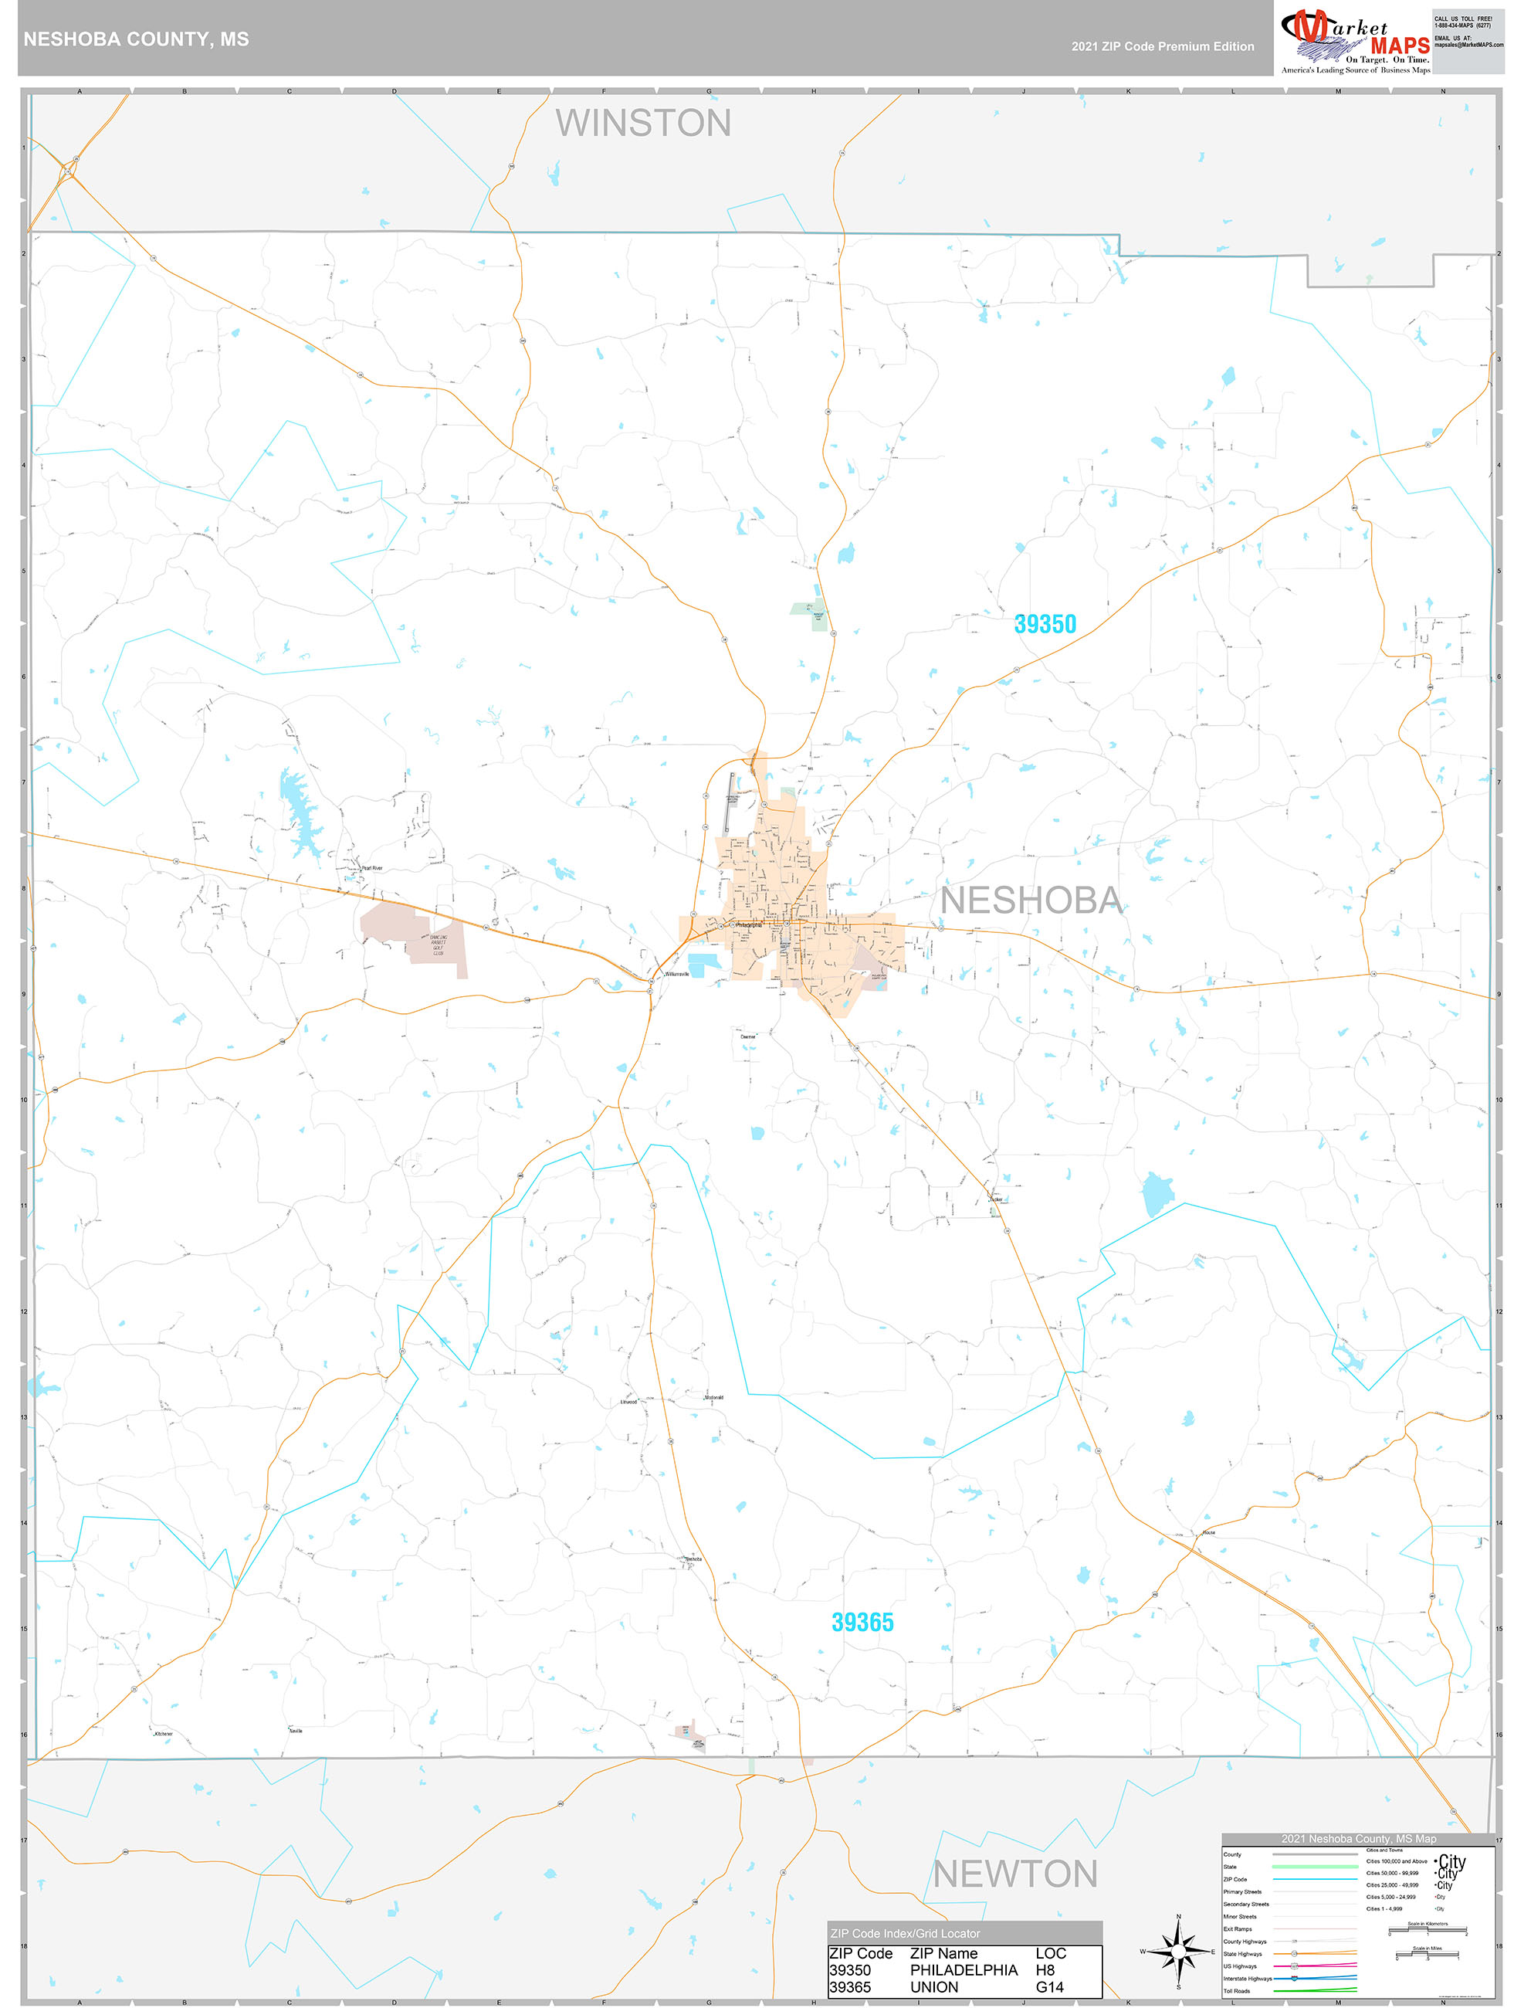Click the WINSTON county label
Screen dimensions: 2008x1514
pyautogui.click(x=642, y=124)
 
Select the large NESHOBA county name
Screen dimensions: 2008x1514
pyautogui.click(x=1031, y=901)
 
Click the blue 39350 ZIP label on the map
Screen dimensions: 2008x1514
pyautogui.click(x=1045, y=625)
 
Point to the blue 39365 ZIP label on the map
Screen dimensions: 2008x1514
pyautogui.click(x=862, y=1622)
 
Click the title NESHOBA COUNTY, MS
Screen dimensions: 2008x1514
pyautogui.click(x=136, y=39)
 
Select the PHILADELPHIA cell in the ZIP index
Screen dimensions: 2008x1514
pyautogui.click(x=963, y=1970)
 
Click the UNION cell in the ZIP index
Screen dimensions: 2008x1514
pyautogui.click(x=934, y=1987)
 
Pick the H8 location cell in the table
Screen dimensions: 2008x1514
pyautogui.click(x=1045, y=1970)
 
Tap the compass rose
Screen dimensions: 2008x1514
pyautogui.click(x=1178, y=1951)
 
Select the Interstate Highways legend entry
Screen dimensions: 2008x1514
pyautogui.click(x=1247, y=1978)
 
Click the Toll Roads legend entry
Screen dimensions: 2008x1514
pyautogui.click(x=1236, y=1991)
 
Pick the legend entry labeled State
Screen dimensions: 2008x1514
pyautogui.click(x=1230, y=1867)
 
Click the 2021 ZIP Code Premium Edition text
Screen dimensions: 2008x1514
pyautogui.click(x=1162, y=46)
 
